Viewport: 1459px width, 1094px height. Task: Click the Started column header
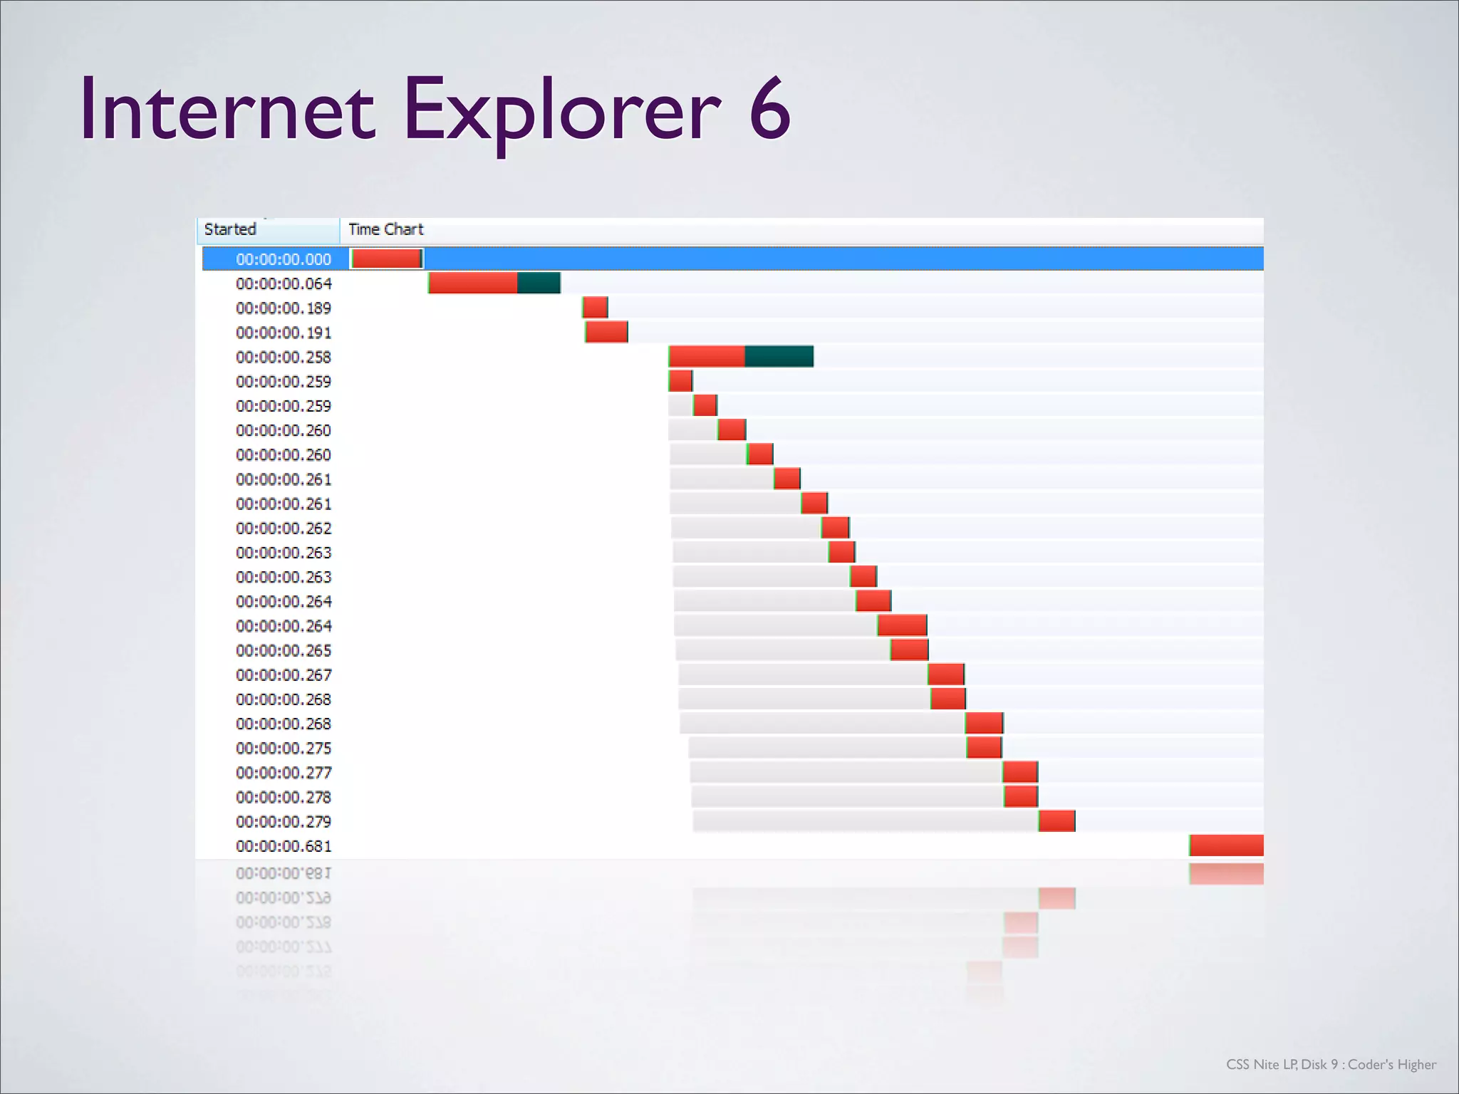[230, 229]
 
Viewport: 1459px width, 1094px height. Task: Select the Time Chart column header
[385, 229]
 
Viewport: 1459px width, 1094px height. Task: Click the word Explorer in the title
[562, 111]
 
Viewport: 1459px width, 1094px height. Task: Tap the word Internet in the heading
[227, 110]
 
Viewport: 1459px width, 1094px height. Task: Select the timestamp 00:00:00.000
[284, 259]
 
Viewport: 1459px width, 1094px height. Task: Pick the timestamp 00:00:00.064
[284, 283]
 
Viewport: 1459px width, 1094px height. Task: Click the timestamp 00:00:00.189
[284, 308]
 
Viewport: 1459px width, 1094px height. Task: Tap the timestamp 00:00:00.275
[284, 748]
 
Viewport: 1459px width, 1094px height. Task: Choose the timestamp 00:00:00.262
[284, 528]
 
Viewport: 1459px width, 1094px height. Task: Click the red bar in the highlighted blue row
[387, 259]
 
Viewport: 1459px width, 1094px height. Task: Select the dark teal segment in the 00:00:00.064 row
[539, 283]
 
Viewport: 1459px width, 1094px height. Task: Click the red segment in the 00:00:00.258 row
[707, 356]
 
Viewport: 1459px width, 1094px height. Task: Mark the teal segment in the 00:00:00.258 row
[779, 356]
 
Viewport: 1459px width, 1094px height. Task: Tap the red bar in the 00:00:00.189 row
[595, 308]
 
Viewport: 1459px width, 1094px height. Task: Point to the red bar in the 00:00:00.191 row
[606, 332]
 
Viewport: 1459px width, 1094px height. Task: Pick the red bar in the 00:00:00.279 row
[1056, 821]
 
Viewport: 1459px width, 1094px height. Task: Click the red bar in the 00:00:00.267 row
[946, 674]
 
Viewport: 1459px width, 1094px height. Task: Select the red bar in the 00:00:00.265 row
[909, 650]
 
